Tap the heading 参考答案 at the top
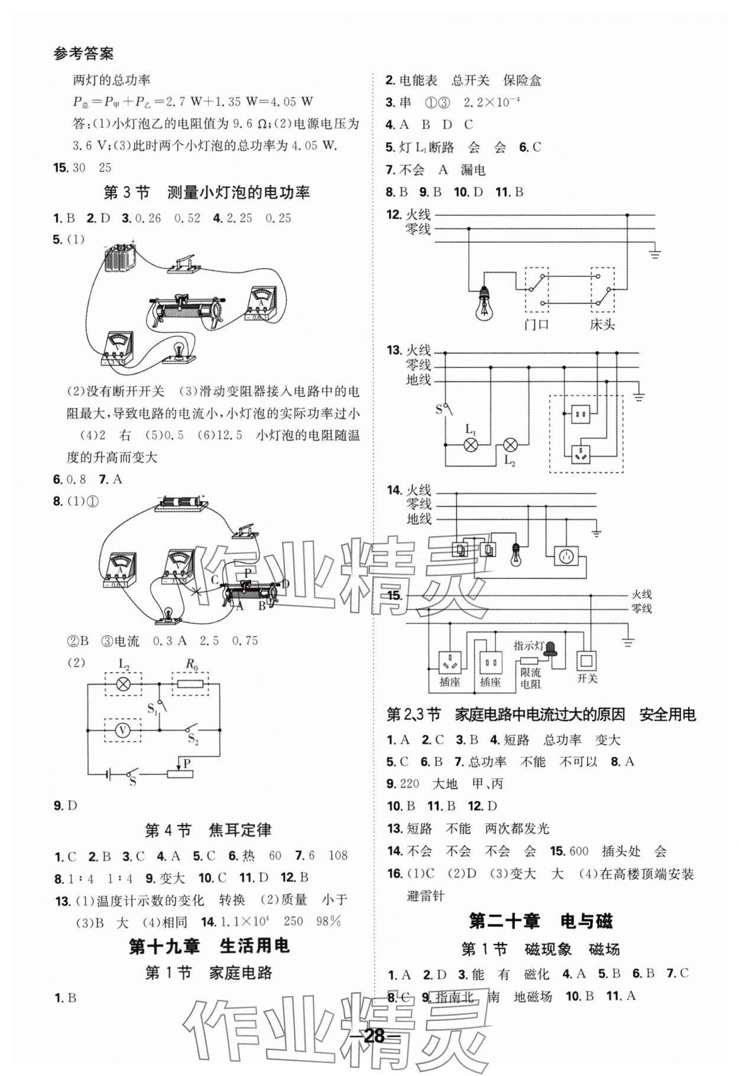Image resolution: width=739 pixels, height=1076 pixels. (83, 54)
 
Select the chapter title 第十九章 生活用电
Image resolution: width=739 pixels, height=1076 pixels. (209, 946)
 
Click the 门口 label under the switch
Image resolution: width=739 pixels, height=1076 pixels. (537, 325)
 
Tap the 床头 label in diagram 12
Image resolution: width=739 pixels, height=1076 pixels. (602, 325)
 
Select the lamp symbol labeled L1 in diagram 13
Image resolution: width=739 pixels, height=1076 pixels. (471, 445)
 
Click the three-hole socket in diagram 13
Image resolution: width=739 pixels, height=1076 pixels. (581, 453)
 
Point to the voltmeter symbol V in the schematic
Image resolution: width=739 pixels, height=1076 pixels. (122, 731)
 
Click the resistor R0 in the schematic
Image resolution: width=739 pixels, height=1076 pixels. (191, 685)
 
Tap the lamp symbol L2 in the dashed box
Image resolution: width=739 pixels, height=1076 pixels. (123, 685)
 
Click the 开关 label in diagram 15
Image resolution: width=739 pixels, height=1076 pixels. (587, 678)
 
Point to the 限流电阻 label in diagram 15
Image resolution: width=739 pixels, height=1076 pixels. (530, 678)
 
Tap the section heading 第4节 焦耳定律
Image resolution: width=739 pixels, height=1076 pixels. (208, 831)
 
